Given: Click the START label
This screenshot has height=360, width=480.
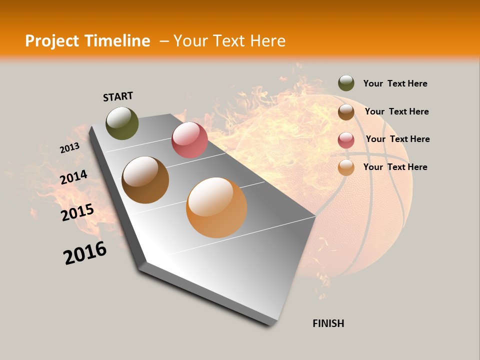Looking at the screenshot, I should tap(118, 96).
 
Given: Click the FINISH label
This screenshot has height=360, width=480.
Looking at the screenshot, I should tap(328, 323).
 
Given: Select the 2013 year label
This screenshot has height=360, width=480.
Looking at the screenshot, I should tap(69, 148).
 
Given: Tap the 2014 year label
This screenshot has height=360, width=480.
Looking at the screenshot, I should tap(73, 177).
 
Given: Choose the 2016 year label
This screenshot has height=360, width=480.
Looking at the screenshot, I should tap(85, 253).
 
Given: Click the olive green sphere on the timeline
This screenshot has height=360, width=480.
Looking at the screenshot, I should tap(122, 123).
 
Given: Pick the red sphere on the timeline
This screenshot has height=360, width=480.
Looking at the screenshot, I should tap(189, 140).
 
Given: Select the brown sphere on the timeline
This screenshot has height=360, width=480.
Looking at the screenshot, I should tap(145, 180).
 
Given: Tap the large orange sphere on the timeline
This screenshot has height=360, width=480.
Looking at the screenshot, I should tap(216, 207).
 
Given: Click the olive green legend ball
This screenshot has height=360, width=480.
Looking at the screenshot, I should tap(346, 83).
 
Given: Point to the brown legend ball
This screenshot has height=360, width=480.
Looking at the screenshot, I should tap(346, 112).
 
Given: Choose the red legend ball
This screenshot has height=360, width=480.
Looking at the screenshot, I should tap(346, 140).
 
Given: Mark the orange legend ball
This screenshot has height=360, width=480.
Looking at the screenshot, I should tap(346, 167).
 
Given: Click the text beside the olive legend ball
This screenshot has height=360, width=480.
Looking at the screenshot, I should tap(395, 83).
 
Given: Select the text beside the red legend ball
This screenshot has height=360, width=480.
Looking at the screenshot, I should tap(397, 139).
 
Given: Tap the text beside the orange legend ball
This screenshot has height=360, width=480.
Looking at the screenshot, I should tap(395, 167).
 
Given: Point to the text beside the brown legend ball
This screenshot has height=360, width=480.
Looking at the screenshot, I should tap(396, 111).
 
